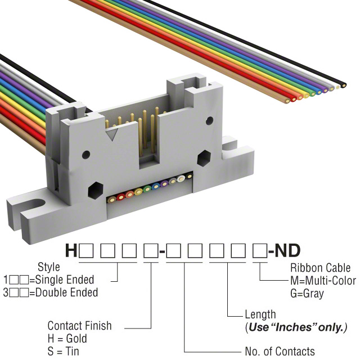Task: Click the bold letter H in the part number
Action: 71,250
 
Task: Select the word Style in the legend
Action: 48,267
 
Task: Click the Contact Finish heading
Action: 79,326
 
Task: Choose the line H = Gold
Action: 67,339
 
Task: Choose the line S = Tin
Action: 64,352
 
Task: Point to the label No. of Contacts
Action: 280,352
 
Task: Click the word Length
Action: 260,314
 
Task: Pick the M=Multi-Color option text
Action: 323,281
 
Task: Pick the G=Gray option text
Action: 307,294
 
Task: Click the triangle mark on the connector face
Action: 114,134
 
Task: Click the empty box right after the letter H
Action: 84,250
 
